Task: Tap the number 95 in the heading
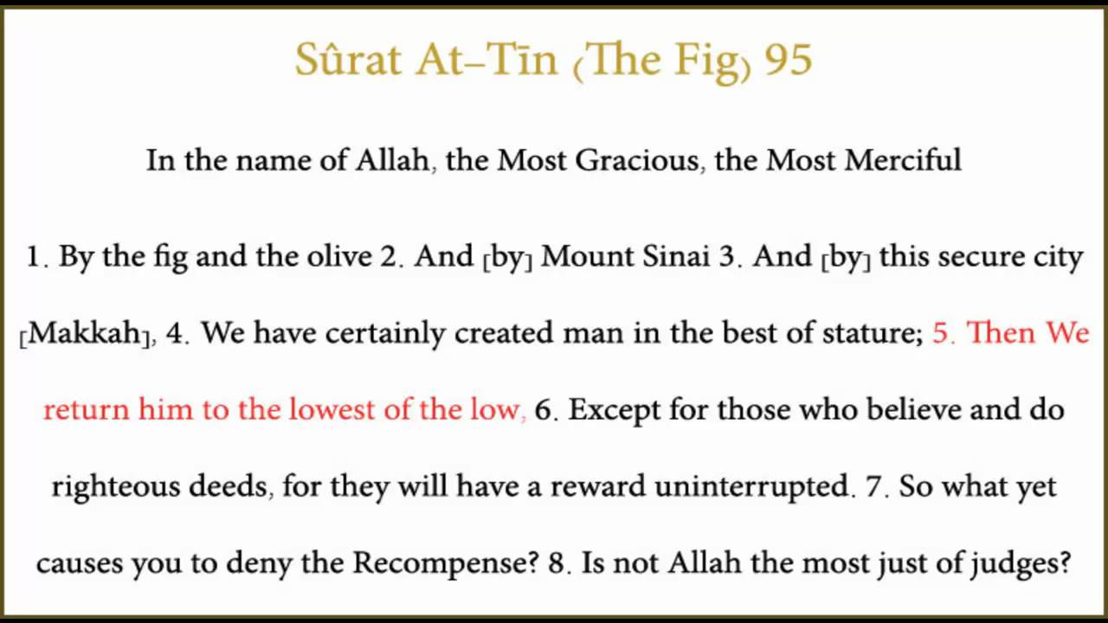[788, 61]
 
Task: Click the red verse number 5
[942, 334]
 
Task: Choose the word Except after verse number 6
[620, 409]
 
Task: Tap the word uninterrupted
[751, 487]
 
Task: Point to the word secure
[957, 257]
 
